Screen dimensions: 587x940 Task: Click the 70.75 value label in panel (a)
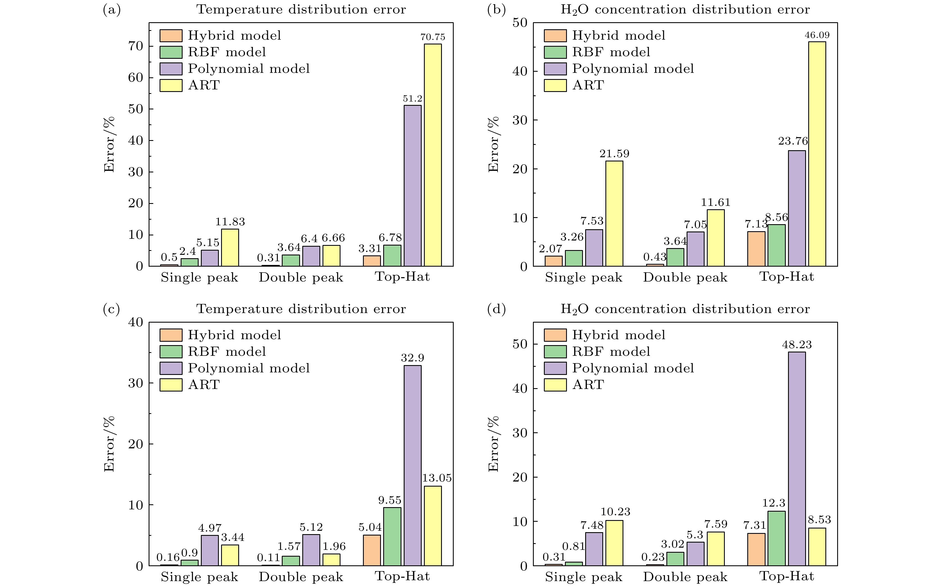click(433, 37)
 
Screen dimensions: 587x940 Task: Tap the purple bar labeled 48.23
click(796, 458)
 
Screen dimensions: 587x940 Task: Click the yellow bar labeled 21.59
click(614, 213)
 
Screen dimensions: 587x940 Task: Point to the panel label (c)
click(111, 309)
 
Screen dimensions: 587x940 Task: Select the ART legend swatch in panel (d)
click(555, 385)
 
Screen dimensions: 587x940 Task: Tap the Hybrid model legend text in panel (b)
click(619, 36)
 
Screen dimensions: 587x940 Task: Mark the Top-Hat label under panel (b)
click(786, 277)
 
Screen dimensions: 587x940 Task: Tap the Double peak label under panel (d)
click(685, 577)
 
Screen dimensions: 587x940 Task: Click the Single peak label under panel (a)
click(199, 277)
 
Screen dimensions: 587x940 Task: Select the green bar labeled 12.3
click(776, 538)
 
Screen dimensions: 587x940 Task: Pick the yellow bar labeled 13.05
click(432, 526)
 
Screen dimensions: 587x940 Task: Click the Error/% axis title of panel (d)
click(493, 444)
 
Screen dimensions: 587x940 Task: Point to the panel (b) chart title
click(685, 10)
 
